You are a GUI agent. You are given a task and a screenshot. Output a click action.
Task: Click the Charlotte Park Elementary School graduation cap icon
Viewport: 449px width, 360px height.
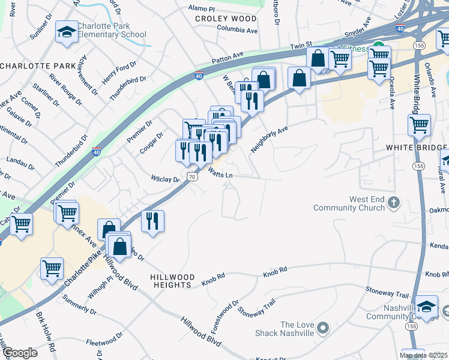click(66, 33)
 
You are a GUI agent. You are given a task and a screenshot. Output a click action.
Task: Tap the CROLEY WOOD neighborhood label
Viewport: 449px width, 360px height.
click(226, 19)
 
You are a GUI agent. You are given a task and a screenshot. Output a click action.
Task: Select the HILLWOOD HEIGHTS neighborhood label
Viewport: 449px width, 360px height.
click(173, 281)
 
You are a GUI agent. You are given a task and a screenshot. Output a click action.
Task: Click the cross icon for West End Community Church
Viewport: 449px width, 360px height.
click(394, 202)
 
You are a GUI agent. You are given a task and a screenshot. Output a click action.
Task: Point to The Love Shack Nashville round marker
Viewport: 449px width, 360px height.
click(323, 328)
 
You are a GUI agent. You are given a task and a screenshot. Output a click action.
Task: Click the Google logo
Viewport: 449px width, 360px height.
click(20, 353)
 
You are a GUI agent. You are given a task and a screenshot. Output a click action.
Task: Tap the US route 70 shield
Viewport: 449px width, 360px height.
click(191, 177)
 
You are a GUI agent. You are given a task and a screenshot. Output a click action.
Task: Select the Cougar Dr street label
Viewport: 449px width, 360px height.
click(152, 143)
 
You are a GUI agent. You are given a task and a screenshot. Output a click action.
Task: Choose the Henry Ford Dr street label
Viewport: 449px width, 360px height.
click(119, 71)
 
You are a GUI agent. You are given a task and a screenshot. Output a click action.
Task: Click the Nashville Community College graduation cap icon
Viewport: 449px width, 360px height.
click(426, 305)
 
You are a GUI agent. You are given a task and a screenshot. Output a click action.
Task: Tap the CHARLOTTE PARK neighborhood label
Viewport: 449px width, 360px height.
click(38, 65)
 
